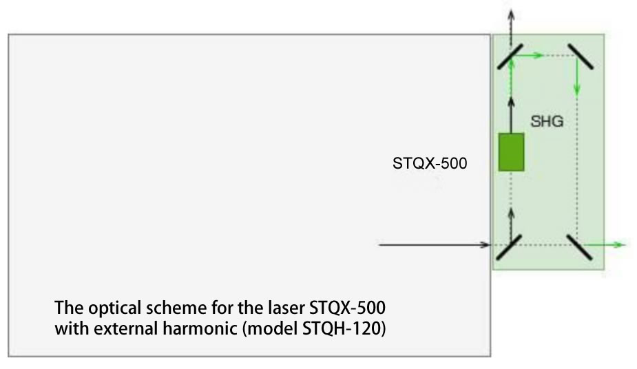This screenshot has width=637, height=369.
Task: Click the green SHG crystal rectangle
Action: point(511,152)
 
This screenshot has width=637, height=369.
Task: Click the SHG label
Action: point(547,121)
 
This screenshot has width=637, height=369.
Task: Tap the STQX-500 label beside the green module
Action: point(430,163)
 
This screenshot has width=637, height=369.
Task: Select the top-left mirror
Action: point(510,56)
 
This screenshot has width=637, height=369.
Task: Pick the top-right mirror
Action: point(580,56)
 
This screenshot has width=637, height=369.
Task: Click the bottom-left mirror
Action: point(509,247)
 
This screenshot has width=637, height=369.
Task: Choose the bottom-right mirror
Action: point(579,247)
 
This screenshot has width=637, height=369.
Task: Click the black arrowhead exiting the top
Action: point(512,15)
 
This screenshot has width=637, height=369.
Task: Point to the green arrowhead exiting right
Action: point(620,245)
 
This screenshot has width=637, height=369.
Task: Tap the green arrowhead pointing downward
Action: point(577,89)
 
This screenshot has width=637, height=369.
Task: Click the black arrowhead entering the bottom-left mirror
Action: point(485,245)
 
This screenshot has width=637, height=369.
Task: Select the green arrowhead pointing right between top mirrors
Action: point(538,55)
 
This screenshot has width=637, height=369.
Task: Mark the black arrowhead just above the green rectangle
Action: point(512,103)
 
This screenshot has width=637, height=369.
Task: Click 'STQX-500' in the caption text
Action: point(347,308)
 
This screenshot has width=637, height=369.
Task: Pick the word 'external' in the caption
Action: point(125,328)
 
